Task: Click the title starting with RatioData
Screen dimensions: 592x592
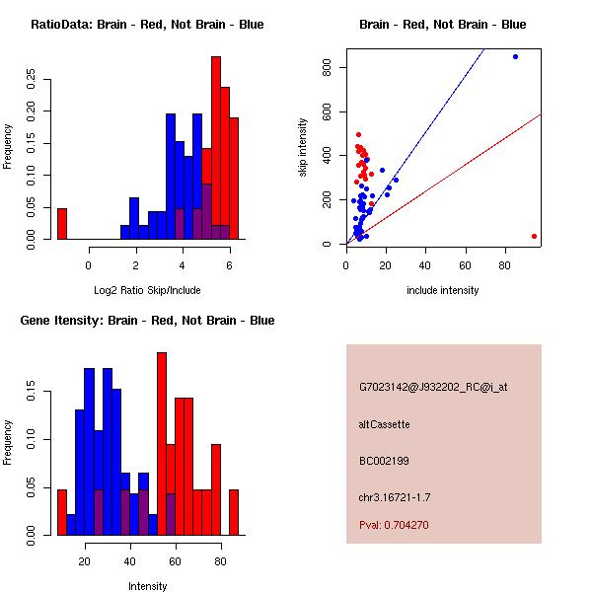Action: (147, 25)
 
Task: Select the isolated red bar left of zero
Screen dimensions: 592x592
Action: (62, 224)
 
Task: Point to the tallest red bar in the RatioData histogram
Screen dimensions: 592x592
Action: (216, 148)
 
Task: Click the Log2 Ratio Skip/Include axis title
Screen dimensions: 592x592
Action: (147, 290)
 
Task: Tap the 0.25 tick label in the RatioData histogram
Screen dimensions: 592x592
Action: (31, 79)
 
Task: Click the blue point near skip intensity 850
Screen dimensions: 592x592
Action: (515, 57)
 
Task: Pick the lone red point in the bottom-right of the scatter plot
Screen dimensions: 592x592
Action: (534, 237)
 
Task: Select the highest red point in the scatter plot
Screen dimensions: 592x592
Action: (359, 135)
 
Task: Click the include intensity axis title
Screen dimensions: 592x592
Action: (443, 290)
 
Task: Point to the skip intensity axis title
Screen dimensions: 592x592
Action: (303, 147)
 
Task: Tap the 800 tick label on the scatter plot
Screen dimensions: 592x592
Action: (327, 67)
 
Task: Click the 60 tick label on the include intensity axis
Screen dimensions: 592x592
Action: (465, 265)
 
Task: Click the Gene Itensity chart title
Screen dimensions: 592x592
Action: (147, 321)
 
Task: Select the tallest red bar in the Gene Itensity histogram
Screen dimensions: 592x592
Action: (162, 444)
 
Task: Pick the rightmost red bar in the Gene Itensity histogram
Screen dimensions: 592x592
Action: (234, 512)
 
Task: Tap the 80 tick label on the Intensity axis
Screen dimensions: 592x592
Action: (220, 561)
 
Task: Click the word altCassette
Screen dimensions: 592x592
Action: (385, 424)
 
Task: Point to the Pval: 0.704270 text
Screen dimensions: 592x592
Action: (394, 525)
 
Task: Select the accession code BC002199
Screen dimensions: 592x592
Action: (384, 461)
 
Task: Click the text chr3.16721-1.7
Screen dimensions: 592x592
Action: (395, 497)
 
